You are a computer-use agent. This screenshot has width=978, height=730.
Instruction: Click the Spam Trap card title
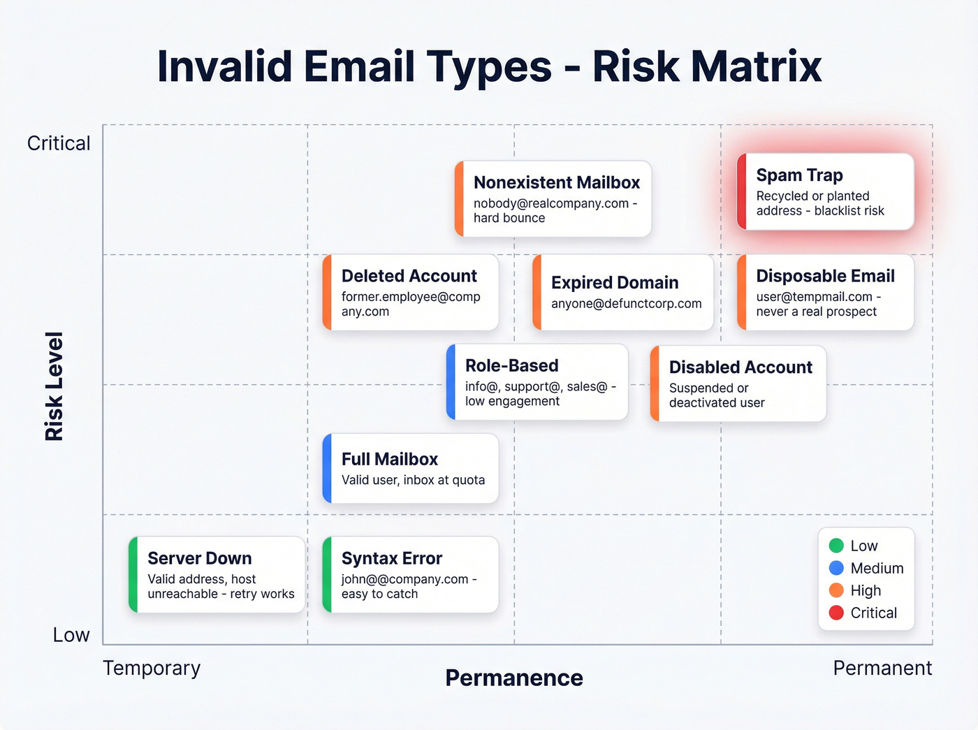pyautogui.click(x=799, y=175)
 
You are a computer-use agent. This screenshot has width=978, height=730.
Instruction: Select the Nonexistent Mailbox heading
pyautogui.click(x=556, y=182)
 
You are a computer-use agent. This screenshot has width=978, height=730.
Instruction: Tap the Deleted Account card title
pyautogui.click(x=409, y=276)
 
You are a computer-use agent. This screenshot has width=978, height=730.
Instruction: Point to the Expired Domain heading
pyautogui.click(x=614, y=282)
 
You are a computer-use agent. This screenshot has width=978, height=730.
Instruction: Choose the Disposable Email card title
pyautogui.click(x=825, y=276)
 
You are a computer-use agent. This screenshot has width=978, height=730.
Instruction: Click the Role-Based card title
pyautogui.click(x=511, y=365)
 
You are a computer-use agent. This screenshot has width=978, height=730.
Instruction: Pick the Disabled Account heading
pyautogui.click(x=740, y=367)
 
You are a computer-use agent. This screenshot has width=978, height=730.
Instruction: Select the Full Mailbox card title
pyautogui.click(x=389, y=459)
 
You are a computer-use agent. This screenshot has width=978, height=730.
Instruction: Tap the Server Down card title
pyautogui.click(x=199, y=558)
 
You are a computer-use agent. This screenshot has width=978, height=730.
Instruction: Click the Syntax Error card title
pyautogui.click(x=391, y=558)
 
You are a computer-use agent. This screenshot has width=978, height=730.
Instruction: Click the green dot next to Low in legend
pyautogui.click(x=836, y=546)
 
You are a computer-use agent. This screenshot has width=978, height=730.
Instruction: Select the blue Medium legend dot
pyautogui.click(x=836, y=568)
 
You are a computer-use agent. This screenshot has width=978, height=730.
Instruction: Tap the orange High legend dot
pyautogui.click(x=836, y=590)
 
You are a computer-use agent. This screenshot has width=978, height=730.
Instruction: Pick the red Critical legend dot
pyautogui.click(x=836, y=613)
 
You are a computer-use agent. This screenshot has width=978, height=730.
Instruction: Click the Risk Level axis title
pyautogui.click(x=54, y=386)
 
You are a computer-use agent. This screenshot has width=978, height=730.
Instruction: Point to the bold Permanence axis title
pyautogui.click(x=513, y=678)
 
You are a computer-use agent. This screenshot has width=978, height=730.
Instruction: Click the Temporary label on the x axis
pyautogui.click(x=152, y=669)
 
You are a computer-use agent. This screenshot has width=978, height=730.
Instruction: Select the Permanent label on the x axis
pyautogui.click(x=882, y=669)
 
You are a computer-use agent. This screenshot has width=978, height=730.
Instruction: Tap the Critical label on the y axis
pyautogui.click(x=59, y=143)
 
